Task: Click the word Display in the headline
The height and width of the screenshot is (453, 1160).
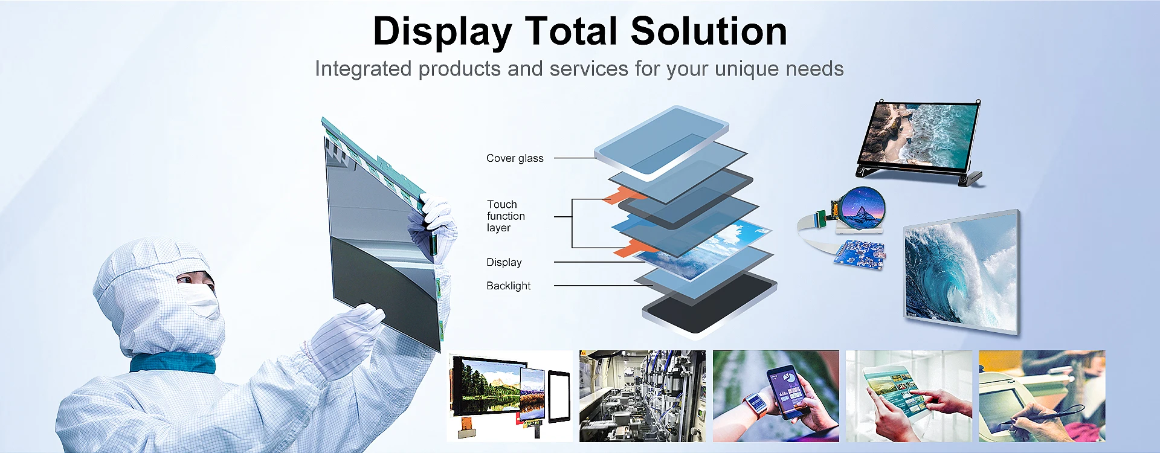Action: coord(442,31)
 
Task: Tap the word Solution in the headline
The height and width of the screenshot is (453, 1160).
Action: coord(709,31)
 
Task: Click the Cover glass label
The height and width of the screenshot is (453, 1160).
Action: coord(515,158)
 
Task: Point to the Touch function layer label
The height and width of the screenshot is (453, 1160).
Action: coord(506,216)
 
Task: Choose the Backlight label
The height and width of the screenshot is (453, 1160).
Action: coord(508,286)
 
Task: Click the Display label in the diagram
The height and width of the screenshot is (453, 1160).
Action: coord(504,262)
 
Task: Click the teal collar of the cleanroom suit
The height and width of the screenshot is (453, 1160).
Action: coord(173,362)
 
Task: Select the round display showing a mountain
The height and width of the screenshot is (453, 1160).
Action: coord(862,208)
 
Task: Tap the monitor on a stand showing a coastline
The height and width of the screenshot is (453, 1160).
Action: coord(920,134)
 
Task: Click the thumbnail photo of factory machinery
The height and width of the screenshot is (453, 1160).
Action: coord(642,396)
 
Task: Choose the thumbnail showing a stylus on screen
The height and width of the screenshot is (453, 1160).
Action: coord(1042,396)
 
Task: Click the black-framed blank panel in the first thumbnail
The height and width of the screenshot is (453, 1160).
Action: coord(559,397)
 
